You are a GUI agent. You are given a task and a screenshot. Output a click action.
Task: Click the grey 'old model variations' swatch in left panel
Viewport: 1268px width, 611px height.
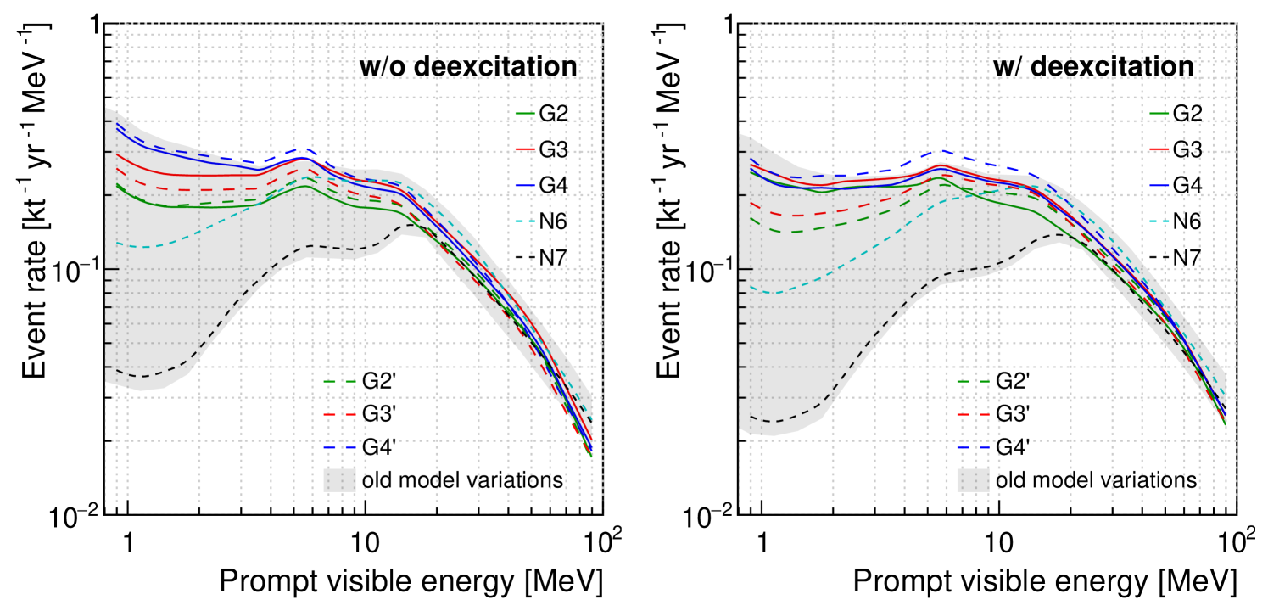pyautogui.click(x=339, y=480)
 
